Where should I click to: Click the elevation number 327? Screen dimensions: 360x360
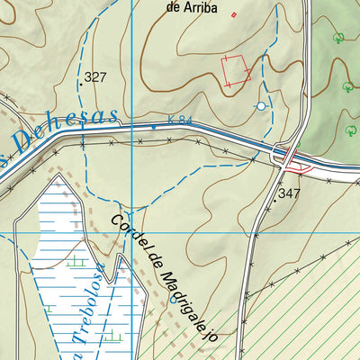coord(94,78)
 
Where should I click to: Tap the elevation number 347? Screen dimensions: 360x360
coord(289,193)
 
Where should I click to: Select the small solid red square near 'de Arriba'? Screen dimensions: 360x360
coord(235,14)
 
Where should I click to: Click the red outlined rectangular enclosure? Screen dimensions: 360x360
coord(236,69)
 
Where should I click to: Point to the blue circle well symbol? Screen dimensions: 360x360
coord(261,107)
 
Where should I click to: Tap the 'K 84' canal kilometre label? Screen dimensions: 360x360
coord(180,121)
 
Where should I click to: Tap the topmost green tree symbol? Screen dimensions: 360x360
coord(338,38)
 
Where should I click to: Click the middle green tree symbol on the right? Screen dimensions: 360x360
coord(347,86)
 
